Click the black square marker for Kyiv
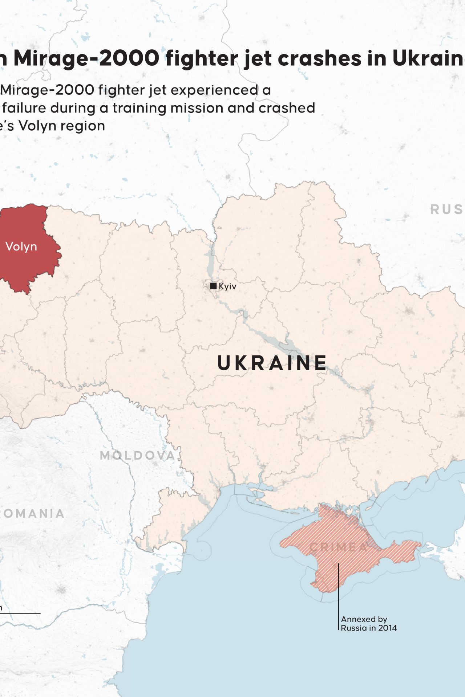[x=213, y=286]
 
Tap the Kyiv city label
[x=227, y=286]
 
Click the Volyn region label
[x=21, y=247]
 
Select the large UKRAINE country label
[x=272, y=363]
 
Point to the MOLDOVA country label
[x=137, y=455]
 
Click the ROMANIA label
[x=32, y=514]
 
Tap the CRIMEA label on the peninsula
[x=338, y=547]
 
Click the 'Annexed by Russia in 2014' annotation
[x=368, y=623]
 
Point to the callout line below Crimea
[x=339, y=595]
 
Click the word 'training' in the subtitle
[x=140, y=108]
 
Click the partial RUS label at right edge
[x=447, y=209]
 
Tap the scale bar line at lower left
[x=20, y=614]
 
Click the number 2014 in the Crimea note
[x=387, y=628]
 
